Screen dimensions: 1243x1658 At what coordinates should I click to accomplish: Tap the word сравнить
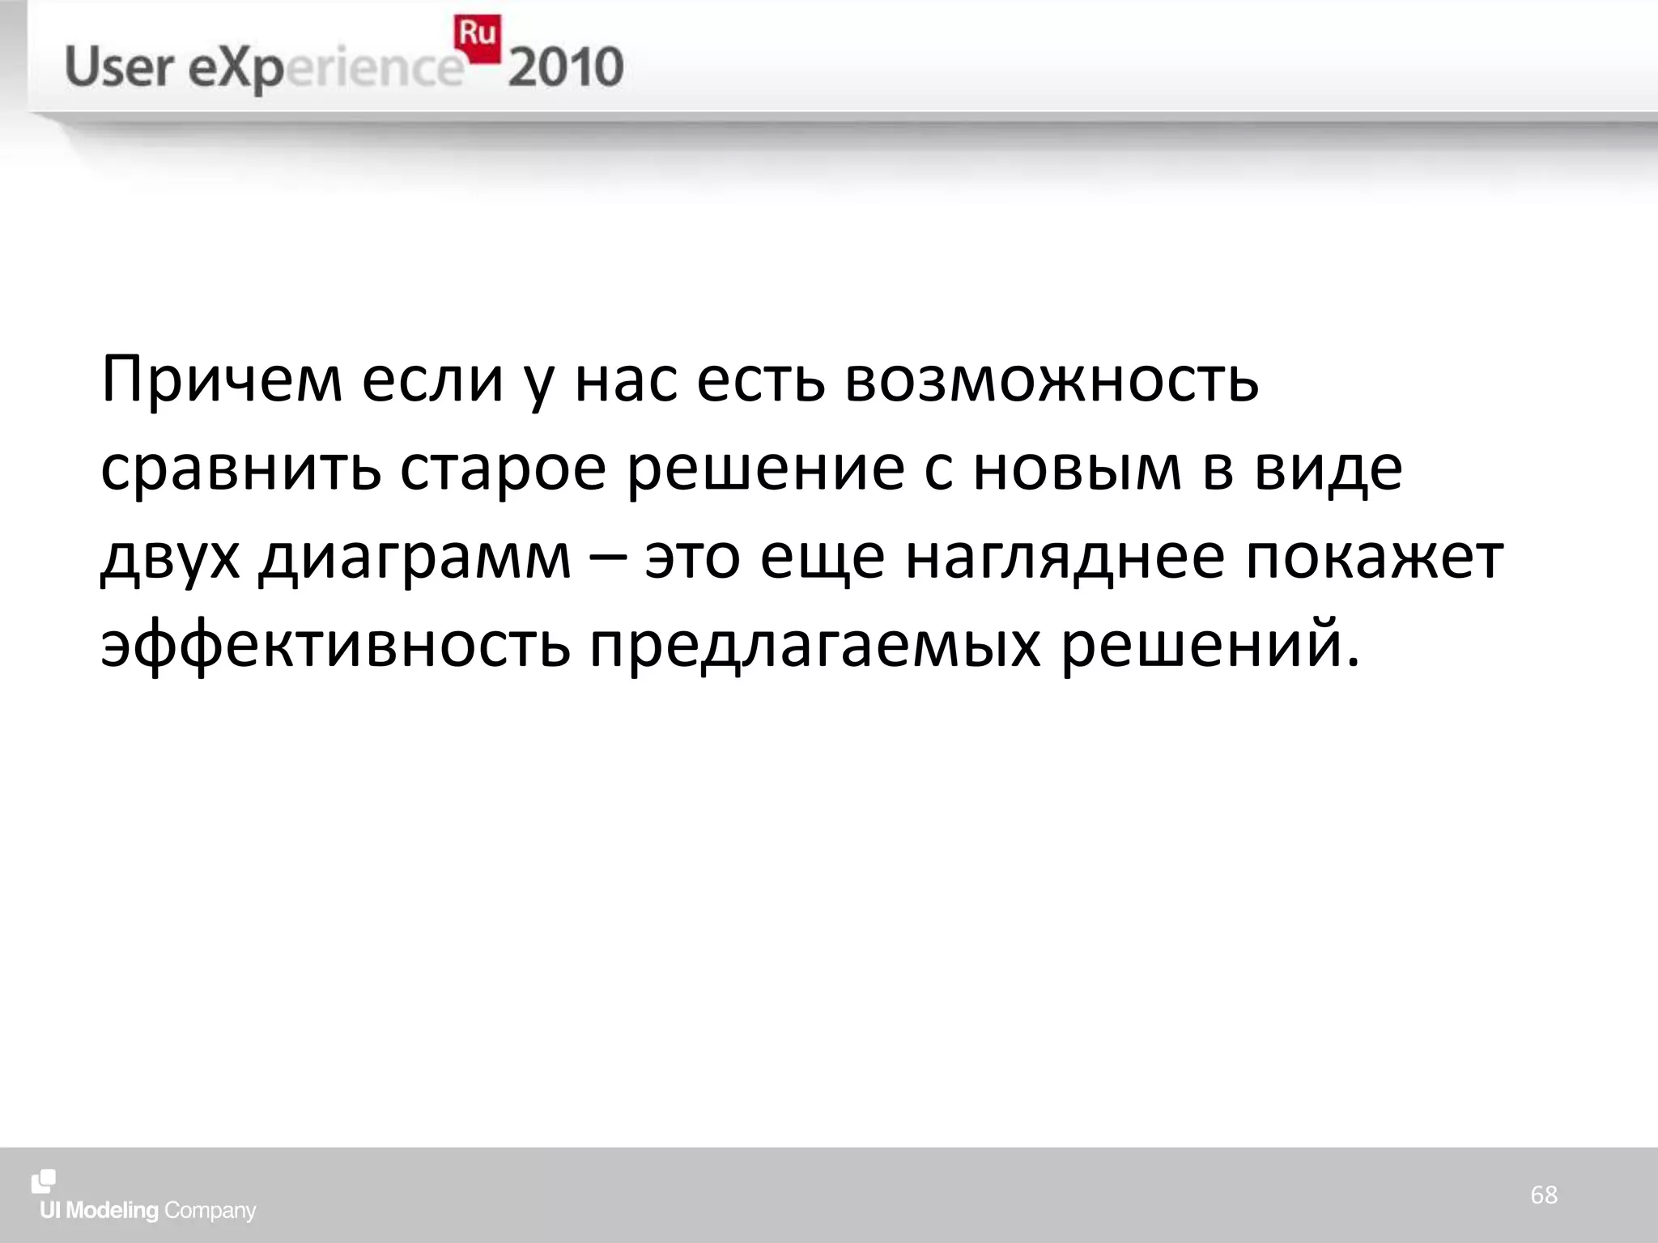(240, 469)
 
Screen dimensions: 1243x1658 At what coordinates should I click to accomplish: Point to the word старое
(503, 469)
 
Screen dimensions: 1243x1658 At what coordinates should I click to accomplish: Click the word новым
(1077, 469)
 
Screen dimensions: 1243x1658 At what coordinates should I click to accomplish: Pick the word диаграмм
(415, 558)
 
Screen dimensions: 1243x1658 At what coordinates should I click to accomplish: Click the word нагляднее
(1065, 558)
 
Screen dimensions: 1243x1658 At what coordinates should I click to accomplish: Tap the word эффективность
(335, 647)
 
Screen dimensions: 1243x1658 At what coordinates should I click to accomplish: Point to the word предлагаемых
(814, 647)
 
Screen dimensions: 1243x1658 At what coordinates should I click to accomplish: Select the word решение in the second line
(766, 469)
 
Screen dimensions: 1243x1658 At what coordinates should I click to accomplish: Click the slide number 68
(1543, 1194)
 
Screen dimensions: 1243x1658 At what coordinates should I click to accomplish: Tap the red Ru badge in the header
(476, 37)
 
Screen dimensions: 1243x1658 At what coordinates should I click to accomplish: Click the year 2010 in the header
(566, 68)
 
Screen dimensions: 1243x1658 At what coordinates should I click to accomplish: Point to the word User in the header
(119, 68)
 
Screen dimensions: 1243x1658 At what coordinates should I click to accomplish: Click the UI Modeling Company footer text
(148, 1211)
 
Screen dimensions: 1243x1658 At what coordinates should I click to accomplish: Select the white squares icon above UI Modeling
(45, 1181)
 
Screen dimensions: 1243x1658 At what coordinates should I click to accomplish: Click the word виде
(1329, 469)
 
